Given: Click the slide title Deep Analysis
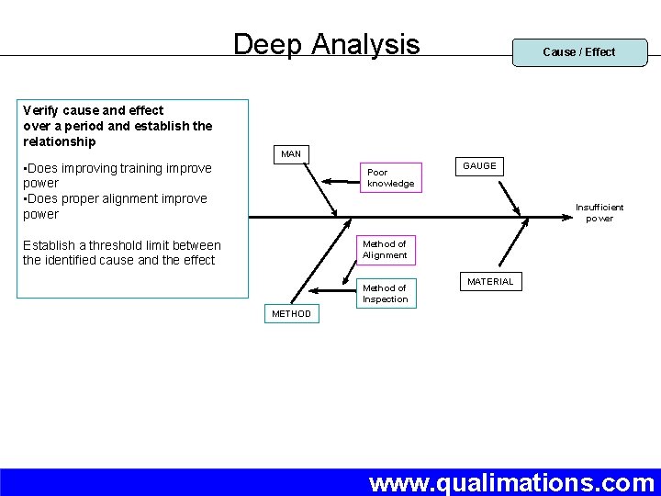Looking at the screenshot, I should point(326,44).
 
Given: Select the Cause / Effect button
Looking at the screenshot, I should point(579,52).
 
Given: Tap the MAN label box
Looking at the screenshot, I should point(291,154).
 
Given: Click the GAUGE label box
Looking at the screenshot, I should point(479,166).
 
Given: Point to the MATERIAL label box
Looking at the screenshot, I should point(490,282).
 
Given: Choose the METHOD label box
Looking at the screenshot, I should point(291,314).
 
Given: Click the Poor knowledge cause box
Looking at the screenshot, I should point(390,178).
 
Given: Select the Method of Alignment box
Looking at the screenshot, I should point(385,250).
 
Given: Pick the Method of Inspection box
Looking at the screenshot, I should point(385,294).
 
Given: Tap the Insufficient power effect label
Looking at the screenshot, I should point(599,213).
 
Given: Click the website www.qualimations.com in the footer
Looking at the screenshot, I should point(511,482).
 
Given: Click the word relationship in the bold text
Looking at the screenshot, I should point(60,141).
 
